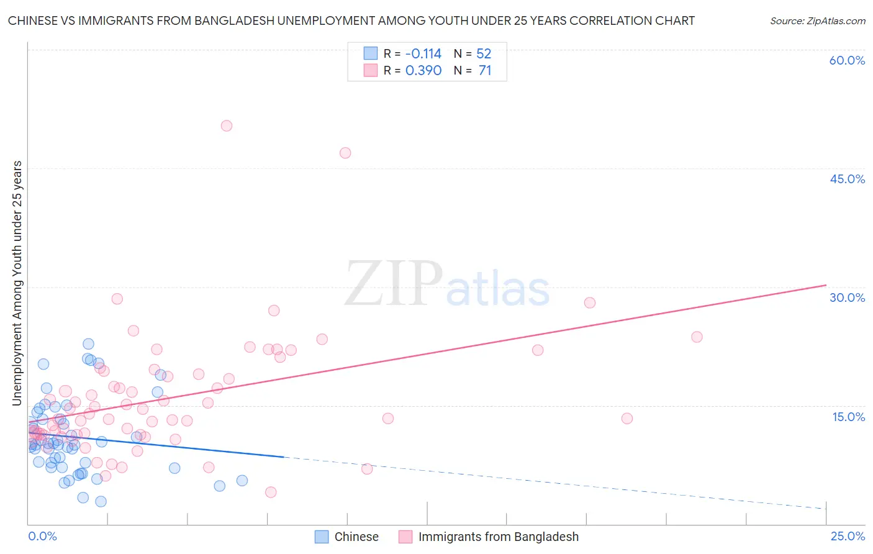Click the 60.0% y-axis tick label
coord(847,60)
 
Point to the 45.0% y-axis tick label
coord(847,179)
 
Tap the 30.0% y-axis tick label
coord(847,297)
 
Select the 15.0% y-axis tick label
coord(848,417)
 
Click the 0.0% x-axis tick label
coord(42,537)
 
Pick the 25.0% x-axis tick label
coord(848,537)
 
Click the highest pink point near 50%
coord(227,125)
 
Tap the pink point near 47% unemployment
coord(345,153)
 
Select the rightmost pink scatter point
coord(697,337)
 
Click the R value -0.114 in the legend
coord(423,53)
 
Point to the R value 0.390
coord(423,70)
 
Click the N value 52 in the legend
coord(484,53)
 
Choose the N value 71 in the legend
coord(485,70)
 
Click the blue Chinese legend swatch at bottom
coord(321,537)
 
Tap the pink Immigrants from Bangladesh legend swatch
coord(405,537)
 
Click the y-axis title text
coord(17,283)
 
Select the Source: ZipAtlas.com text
coord(817,21)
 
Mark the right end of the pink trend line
coord(826,285)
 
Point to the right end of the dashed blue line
coord(826,509)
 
